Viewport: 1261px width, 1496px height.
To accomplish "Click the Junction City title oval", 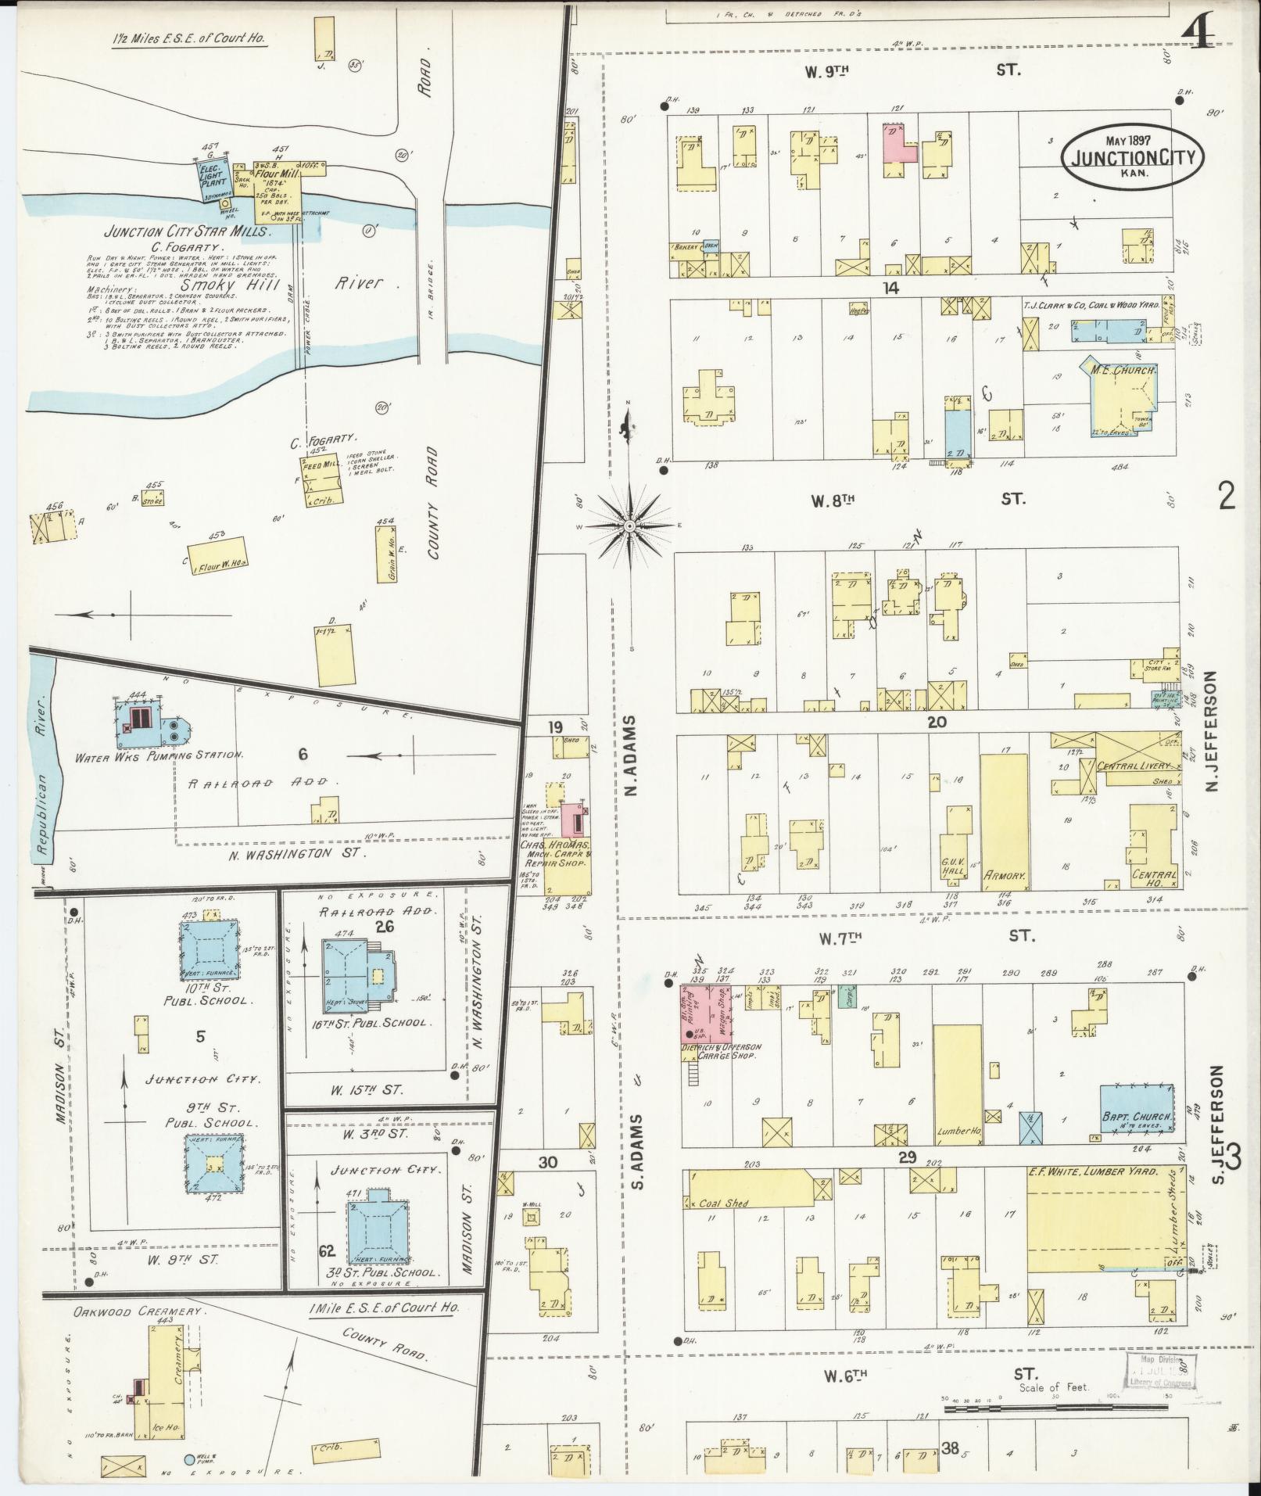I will [x=1132, y=156].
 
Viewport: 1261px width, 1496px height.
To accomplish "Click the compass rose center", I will [x=629, y=526].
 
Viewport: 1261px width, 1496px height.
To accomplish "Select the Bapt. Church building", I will [x=1137, y=1108].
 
